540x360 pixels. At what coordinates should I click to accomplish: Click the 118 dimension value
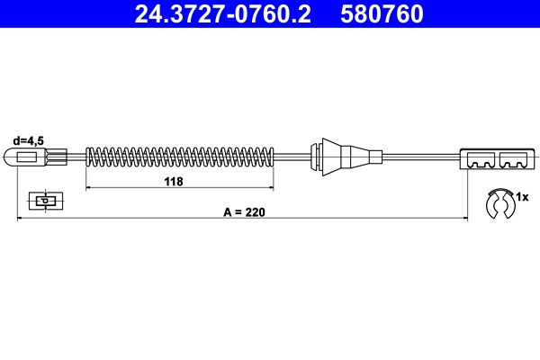click(x=174, y=181)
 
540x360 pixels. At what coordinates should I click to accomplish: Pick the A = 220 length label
click(x=242, y=212)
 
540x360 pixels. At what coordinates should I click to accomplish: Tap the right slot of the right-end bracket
click(x=513, y=162)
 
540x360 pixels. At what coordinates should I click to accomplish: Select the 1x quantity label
click(x=522, y=194)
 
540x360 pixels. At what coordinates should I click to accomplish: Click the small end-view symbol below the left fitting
click(x=41, y=200)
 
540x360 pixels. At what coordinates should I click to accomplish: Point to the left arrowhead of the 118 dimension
click(x=88, y=189)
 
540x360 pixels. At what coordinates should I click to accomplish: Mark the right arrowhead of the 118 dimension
click(x=271, y=189)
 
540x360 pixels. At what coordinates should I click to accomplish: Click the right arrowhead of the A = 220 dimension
click(x=463, y=219)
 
